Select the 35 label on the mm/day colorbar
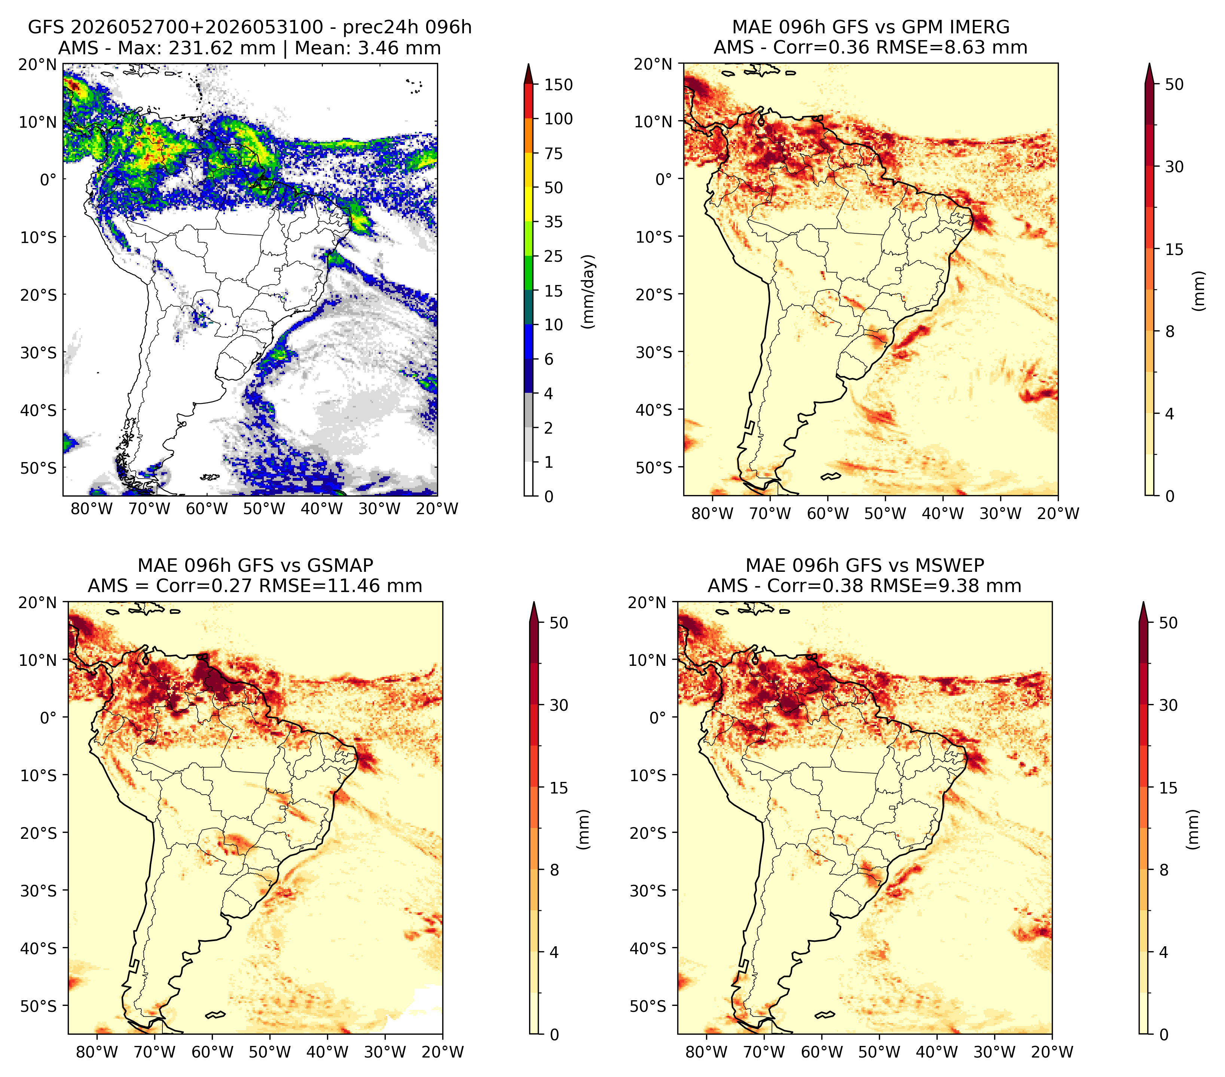[554, 222]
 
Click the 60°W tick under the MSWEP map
[822, 1052]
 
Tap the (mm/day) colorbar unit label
[589, 291]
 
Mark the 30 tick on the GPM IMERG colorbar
[1174, 167]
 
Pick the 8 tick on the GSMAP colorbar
[554, 870]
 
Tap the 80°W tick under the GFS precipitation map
[92, 509]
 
